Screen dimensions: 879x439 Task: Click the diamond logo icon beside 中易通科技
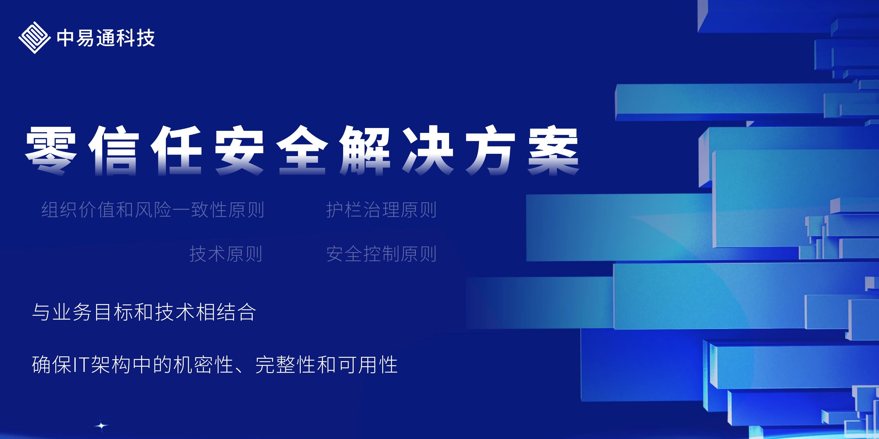(34, 37)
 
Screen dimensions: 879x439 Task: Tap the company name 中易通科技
(106, 38)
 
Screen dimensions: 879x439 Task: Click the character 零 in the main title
(51, 151)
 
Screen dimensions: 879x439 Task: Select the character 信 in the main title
(114, 151)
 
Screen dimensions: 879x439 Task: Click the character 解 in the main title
(365, 151)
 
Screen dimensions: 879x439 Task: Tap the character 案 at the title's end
(553, 151)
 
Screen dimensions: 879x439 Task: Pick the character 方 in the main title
(491, 151)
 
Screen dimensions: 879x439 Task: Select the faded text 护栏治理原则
(381, 210)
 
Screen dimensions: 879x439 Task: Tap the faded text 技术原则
(226, 254)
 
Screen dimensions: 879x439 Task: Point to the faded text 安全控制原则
(381, 254)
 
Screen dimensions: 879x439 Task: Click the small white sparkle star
(101, 425)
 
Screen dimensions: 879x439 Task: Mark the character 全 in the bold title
(302, 151)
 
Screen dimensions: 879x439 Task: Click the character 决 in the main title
(428, 151)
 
